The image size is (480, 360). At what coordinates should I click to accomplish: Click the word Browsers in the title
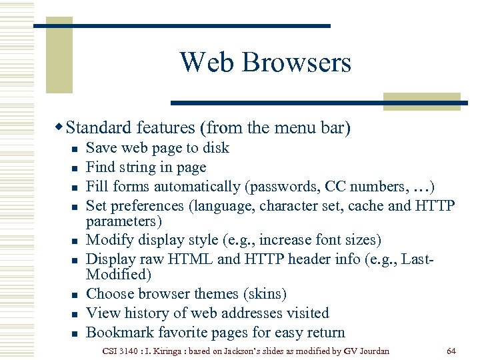click(x=296, y=63)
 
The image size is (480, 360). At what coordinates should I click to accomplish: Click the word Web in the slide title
click(x=207, y=63)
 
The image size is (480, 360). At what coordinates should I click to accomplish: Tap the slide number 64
click(x=451, y=351)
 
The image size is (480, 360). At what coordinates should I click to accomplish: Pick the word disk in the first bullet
click(x=215, y=148)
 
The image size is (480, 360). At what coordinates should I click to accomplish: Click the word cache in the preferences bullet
click(x=364, y=206)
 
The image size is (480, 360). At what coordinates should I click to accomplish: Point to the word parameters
click(x=119, y=221)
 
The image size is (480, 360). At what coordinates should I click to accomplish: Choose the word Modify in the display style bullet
click(x=109, y=240)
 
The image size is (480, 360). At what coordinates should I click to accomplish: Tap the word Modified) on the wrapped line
click(x=119, y=274)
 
